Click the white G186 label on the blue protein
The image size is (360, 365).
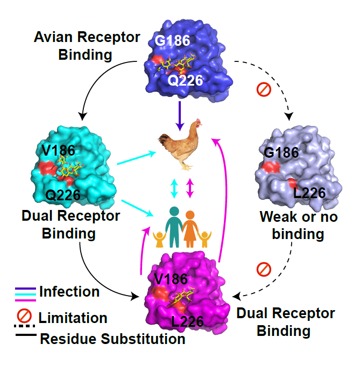[x=172, y=40]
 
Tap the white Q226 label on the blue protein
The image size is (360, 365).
[x=185, y=81]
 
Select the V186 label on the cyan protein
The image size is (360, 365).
[x=59, y=150]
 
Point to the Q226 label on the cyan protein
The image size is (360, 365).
[x=63, y=195]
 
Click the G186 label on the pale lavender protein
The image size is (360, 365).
[x=281, y=153]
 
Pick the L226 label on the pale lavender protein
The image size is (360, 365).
[x=309, y=193]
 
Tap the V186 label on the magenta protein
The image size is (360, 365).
[x=171, y=279]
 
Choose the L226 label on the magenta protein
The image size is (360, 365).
[x=187, y=321]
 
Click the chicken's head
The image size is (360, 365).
[x=197, y=123]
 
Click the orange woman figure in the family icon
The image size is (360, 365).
[x=190, y=229]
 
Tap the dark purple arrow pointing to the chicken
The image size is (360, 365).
[x=180, y=116]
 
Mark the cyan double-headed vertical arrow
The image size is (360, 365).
[x=174, y=188]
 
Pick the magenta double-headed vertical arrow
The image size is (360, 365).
[x=190, y=188]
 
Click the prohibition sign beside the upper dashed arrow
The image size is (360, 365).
[x=264, y=89]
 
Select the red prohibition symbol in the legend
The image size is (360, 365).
[x=24, y=316]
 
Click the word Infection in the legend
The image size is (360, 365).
[x=69, y=292]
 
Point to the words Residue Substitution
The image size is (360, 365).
[x=112, y=339]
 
